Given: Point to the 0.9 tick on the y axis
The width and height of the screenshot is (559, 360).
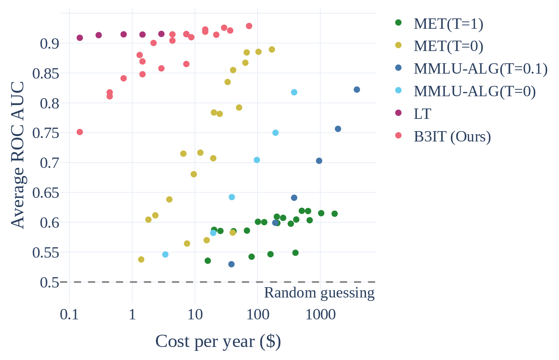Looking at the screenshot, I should (x=49, y=44).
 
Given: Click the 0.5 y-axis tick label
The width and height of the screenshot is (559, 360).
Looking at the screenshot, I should (x=49, y=283).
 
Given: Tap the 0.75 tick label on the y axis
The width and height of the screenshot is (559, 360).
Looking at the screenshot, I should (x=46, y=133).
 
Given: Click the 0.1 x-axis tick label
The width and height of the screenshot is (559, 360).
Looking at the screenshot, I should (x=69, y=315).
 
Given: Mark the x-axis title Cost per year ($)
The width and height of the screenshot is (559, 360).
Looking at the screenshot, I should (x=218, y=341).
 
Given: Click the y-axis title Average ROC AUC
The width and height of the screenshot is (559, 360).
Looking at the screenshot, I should (x=18, y=155).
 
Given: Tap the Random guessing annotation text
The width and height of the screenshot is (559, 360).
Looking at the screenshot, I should (x=319, y=293).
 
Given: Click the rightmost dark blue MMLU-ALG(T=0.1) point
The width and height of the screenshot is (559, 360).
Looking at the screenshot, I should (x=357, y=90).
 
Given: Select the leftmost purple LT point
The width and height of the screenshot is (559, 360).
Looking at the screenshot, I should (x=80, y=38).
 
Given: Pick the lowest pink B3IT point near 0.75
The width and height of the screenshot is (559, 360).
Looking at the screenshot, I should (x=80, y=132).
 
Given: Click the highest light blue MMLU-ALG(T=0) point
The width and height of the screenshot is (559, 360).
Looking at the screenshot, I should (x=294, y=92).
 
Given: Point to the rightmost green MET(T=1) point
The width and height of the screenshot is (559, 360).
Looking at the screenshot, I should (x=334, y=214).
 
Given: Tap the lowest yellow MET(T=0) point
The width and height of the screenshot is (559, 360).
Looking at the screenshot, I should (x=141, y=260).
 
